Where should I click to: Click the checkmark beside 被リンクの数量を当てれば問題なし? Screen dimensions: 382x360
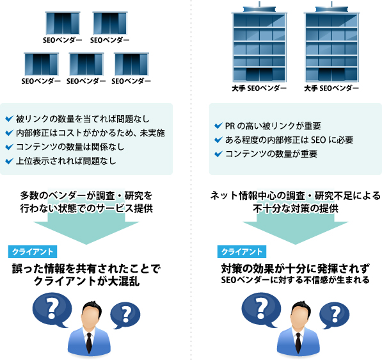point(9,119)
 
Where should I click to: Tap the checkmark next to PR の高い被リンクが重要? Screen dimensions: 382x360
point(218,126)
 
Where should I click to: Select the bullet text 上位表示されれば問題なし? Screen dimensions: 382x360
point(66,161)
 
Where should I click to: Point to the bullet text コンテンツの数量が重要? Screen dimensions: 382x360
point(271,154)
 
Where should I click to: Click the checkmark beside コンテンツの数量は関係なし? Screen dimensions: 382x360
point(9,147)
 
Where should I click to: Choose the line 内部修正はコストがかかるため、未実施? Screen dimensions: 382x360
point(90,133)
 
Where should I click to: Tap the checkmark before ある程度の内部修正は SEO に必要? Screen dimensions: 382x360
point(218,140)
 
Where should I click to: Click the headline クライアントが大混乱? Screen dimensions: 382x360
point(87,281)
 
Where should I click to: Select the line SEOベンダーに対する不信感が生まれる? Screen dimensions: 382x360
point(295,280)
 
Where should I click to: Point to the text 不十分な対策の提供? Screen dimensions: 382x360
point(296,209)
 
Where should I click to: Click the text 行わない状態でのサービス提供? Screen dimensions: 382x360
point(86,209)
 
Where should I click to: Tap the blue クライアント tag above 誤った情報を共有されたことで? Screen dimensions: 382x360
point(33,252)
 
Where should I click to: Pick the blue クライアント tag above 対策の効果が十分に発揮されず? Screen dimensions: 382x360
point(242,252)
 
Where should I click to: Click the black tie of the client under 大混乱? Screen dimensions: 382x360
point(89,342)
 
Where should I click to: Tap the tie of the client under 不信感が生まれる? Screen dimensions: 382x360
point(298,342)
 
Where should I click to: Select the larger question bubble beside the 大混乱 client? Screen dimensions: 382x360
point(52,310)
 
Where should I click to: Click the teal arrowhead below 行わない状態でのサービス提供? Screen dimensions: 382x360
point(86,232)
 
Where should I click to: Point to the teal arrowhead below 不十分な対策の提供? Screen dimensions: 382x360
point(295,232)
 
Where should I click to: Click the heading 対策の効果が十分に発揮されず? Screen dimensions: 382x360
point(295,269)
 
